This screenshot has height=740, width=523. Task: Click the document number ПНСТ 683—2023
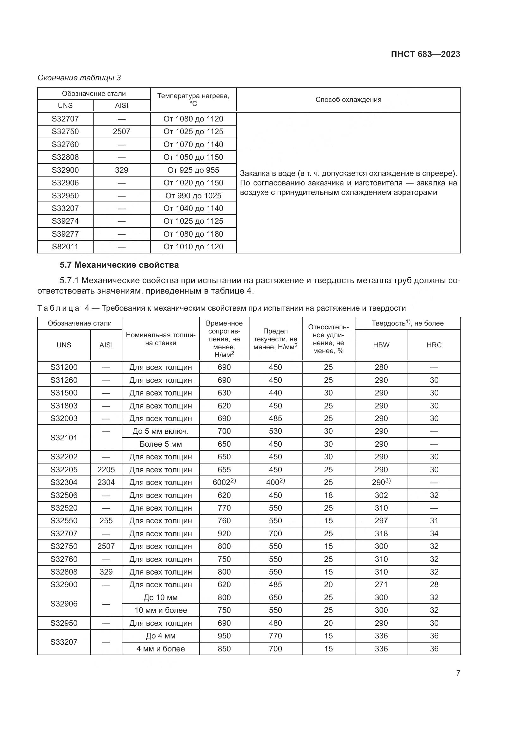click(425, 54)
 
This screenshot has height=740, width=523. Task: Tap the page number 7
click(458, 673)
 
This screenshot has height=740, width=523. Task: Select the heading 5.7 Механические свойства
click(119, 265)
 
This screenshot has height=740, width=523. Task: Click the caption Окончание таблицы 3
click(79, 78)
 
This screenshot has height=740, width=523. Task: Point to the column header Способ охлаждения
click(348, 100)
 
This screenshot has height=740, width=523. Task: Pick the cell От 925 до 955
click(193, 170)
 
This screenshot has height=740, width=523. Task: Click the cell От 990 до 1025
click(193, 196)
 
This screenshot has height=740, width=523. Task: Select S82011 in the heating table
click(65, 246)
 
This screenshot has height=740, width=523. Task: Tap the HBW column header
click(381, 345)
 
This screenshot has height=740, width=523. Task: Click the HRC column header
click(434, 345)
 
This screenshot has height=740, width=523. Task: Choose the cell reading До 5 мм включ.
click(160, 431)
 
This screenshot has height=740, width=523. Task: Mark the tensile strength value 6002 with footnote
click(224, 482)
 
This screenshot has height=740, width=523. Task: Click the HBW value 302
click(381, 495)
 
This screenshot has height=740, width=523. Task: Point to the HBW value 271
click(381, 584)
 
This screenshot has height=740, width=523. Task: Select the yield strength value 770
click(275, 636)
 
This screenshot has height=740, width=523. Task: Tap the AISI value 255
click(106, 520)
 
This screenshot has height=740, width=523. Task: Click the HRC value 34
click(434, 533)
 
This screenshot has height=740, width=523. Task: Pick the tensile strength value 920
click(224, 533)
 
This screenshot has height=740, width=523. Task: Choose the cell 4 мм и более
click(160, 649)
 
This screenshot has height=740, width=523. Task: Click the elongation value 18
click(328, 495)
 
